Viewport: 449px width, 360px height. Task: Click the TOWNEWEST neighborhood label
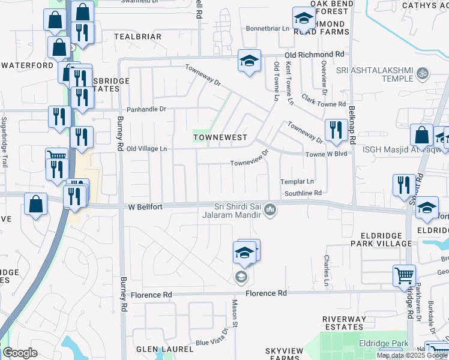(x=220, y=137)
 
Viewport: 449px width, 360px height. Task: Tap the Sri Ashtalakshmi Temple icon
(x=423, y=73)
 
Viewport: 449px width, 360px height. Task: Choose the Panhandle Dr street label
(x=146, y=110)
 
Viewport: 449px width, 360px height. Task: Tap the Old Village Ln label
(x=146, y=148)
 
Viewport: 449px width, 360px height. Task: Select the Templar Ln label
(x=297, y=181)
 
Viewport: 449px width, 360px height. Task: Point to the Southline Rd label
(x=303, y=193)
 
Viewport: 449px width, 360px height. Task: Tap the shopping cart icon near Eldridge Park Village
(x=404, y=276)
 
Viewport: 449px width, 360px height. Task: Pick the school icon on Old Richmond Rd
(x=249, y=61)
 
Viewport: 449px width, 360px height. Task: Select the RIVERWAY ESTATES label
(x=343, y=323)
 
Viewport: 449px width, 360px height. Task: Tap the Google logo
(x=20, y=353)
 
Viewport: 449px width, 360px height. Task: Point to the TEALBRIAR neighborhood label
(x=137, y=37)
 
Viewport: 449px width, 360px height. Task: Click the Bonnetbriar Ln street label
(x=268, y=29)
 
